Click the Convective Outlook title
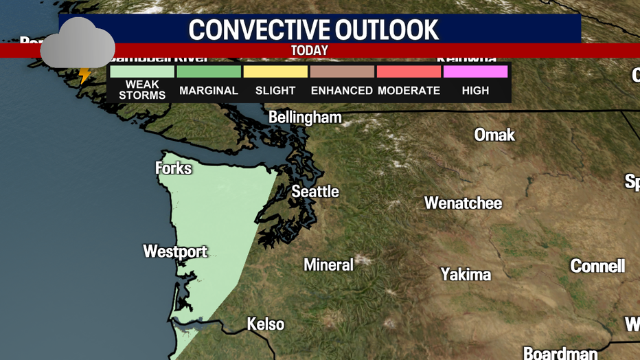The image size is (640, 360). (x=314, y=30)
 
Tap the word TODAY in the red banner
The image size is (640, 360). (x=310, y=51)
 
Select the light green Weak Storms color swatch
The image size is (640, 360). (x=142, y=71)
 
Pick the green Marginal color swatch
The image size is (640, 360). (x=209, y=71)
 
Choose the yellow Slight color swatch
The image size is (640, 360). (x=275, y=71)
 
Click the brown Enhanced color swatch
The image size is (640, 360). (x=342, y=71)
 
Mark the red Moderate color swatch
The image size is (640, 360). (x=409, y=71)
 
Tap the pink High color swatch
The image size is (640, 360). (x=475, y=71)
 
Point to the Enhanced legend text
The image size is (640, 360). (x=342, y=91)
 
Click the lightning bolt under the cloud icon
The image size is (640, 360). (x=85, y=75)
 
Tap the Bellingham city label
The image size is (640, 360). (x=305, y=117)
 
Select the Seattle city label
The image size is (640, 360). (x=315, y=192)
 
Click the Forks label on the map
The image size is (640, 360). (x=173, y=168)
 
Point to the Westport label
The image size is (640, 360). (x=175, y=252)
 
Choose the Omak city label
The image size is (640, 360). (x=494, y=135)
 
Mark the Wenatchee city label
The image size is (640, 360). (x=463, y=203)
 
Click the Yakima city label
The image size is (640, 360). (x=466, y=275)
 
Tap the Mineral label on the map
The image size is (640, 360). (x=329, y=265)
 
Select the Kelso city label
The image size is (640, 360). (x=266, y=324)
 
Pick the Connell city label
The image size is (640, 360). (x=597, y=266)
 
